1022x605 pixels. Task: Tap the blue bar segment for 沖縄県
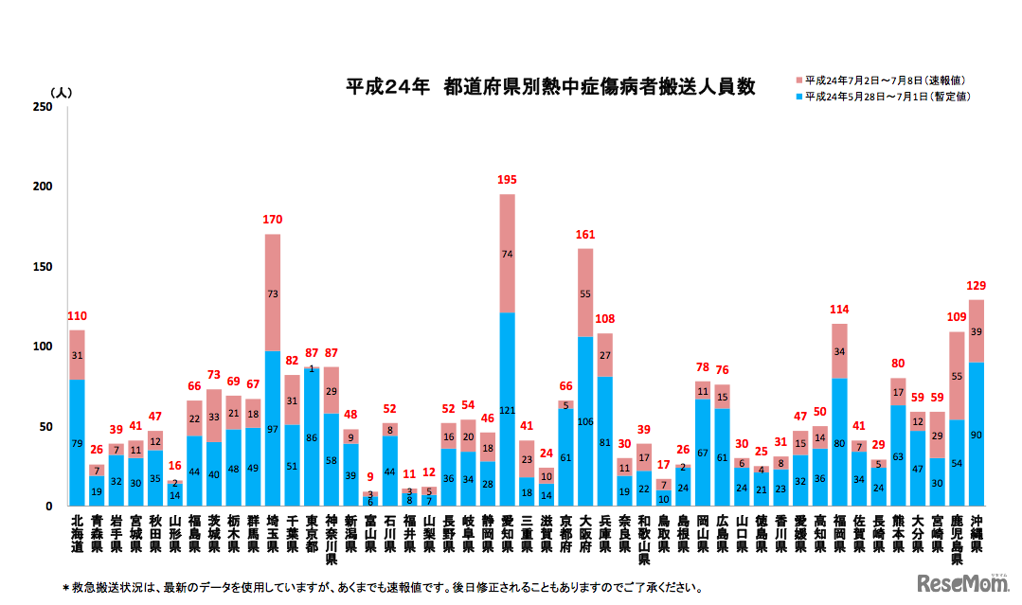[977, 434]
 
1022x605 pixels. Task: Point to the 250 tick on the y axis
[42, 107]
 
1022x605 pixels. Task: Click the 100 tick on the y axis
[42, 347]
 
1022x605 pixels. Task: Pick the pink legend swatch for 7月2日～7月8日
[799, 80]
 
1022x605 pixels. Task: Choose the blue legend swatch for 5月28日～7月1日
[799, 97]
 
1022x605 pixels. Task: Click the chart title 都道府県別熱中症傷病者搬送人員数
[549, 86]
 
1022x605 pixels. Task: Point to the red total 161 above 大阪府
[585, 235]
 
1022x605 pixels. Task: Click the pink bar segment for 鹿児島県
[957, 376]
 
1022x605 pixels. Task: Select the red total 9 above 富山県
[370, 478]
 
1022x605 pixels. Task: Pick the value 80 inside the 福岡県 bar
[839, 441]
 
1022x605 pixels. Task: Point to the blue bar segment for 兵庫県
[604, 440]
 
